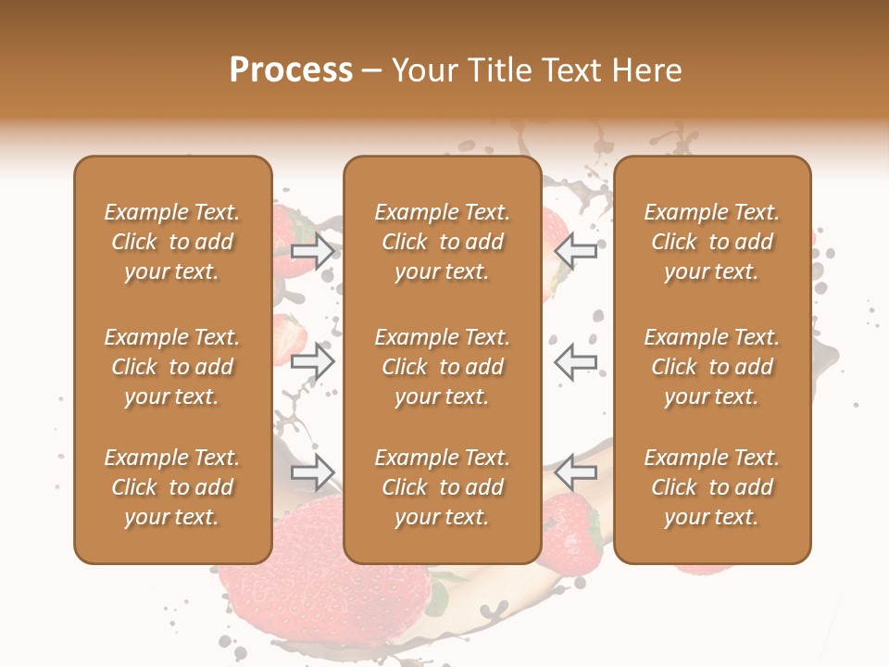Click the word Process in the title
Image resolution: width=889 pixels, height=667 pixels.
[291, 70]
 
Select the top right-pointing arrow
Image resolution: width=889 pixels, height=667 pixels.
[313, 250]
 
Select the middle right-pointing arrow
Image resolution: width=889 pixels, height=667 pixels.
[313, 361]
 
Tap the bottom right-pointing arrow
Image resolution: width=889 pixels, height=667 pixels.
[313, 472]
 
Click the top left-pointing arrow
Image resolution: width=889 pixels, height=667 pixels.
[576, 250]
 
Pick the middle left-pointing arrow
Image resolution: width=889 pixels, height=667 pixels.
[576, 361]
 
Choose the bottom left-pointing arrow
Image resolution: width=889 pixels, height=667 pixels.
[576, 472]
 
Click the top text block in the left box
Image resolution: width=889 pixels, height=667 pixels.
[172, 242]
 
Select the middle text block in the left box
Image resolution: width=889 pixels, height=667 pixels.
[172, 367]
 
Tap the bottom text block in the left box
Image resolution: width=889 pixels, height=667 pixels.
[172, 487]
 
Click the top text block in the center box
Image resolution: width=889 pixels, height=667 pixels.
[442, 242]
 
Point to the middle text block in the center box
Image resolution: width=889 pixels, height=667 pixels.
[442, 367]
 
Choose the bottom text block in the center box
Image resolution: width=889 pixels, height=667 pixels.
[442, 487]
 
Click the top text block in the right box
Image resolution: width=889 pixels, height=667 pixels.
[711, 242]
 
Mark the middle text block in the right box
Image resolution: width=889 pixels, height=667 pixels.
[711, 367]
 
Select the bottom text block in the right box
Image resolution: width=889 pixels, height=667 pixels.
[711, 487]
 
